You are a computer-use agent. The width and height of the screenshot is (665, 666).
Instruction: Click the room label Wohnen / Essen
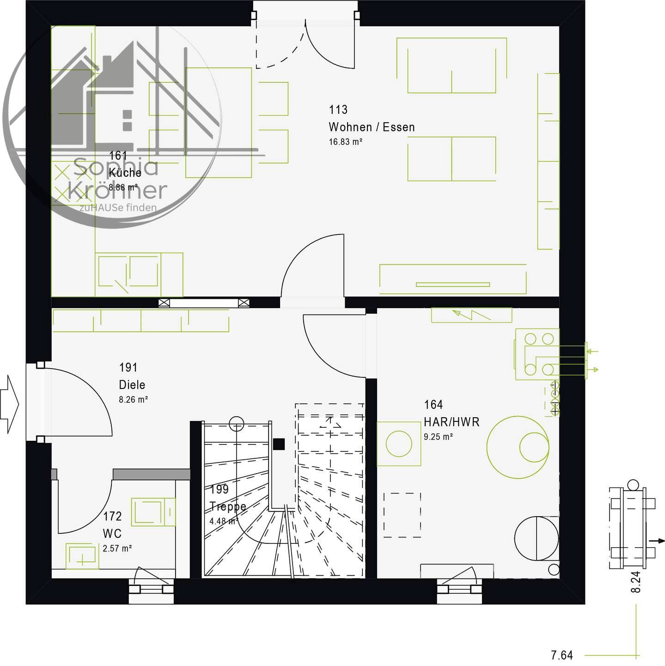[x=372, y=127]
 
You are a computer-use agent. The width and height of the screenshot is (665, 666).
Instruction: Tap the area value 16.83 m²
[x=346, y=142]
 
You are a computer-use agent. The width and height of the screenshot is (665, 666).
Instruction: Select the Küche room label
[x=125, y=173]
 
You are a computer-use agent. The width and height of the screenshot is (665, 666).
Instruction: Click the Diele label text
[x=132, y=385]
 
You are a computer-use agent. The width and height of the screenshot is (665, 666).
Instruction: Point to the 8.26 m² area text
[x=134, y=400]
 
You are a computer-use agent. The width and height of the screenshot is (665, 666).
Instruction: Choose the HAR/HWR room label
[x=451, y=422]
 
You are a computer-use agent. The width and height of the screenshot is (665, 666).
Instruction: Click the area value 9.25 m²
[x=439, y=437]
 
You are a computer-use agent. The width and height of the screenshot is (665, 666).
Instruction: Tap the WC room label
[x=112, y=534]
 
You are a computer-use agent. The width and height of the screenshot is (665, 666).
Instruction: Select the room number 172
[x=113, y=516]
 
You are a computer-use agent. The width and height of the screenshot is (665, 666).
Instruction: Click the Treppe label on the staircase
[x=228, y=507]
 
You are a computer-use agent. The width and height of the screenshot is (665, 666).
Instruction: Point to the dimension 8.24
[x=635, y=582]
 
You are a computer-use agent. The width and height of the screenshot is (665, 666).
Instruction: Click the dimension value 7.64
[x=561, y=655]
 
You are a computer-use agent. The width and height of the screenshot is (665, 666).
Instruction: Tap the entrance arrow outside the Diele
[x=9, y=404]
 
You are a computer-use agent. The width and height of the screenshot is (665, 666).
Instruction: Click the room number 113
[x=338, y=110]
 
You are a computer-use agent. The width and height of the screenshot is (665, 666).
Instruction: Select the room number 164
[x=433, y=404]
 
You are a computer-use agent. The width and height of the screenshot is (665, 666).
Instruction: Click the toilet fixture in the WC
[x=153, y=512]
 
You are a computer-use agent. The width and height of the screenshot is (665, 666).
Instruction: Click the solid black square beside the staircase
[x=279, y=444]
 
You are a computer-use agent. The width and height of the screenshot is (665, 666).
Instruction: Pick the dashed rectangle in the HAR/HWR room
[x=402, y=515]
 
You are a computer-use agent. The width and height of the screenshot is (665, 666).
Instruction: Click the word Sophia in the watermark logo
[x=116, y=167]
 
